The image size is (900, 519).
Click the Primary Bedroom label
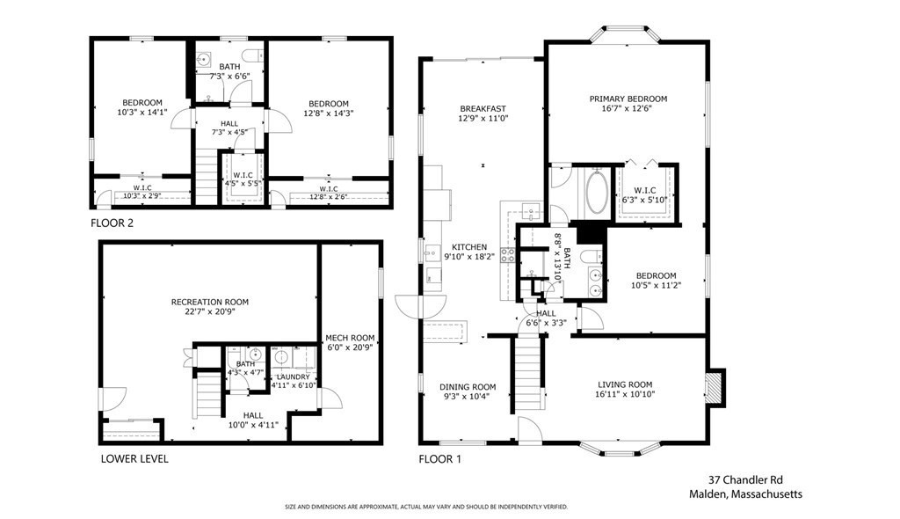tap(628, 99)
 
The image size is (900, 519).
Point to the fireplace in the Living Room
tap(716, 386)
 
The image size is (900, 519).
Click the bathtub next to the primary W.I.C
tap(596, 192)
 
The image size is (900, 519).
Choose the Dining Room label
tap(468, 387)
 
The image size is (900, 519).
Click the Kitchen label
tap(469, 247)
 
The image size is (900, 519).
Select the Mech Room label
tap(351, 338)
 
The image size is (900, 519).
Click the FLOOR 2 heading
tap(112, 223)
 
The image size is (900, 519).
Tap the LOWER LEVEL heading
tap(134, 459)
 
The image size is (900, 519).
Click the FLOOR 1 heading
tap(439, 459)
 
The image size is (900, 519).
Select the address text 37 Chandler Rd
tap(745, 480)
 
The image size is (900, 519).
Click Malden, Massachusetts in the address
tap(745, 494)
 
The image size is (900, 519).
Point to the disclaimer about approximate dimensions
tap(426, 507)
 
